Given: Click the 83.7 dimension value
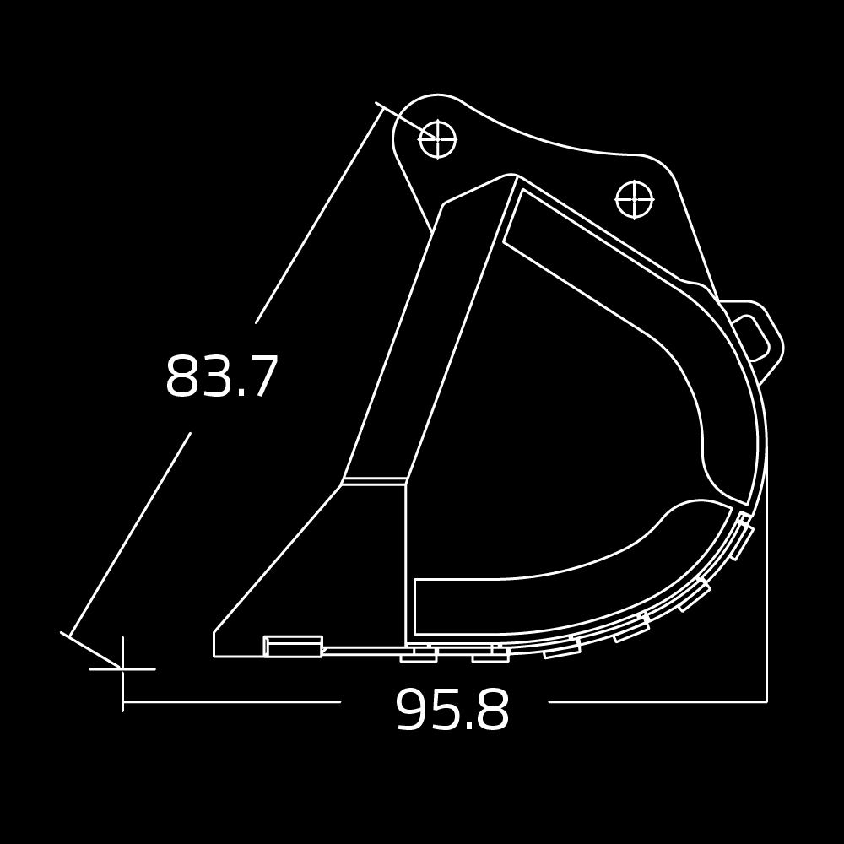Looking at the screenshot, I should [221, 377].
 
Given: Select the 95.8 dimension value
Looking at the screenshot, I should [452, 711].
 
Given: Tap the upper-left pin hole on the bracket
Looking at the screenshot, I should [437, 139].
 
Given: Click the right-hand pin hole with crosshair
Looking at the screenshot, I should [634, 199].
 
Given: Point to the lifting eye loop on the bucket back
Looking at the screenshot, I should [755, 338].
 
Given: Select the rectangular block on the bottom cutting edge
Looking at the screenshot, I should [293, 647].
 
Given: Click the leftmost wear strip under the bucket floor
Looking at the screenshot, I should [419, 655].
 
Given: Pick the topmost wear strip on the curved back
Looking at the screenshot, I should [740, 538].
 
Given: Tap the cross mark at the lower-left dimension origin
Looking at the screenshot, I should [123, 668].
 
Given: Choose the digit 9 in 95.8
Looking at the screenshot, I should [411, 711].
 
